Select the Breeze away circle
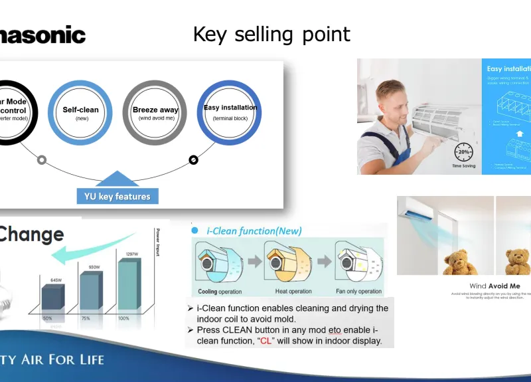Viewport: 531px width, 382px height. [155, 112]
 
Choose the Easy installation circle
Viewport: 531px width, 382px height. [230, 112]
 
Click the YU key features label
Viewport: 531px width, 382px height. [117, 196]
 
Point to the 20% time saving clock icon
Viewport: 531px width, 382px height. [464, 150]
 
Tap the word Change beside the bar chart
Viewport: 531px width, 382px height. [32, 234]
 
